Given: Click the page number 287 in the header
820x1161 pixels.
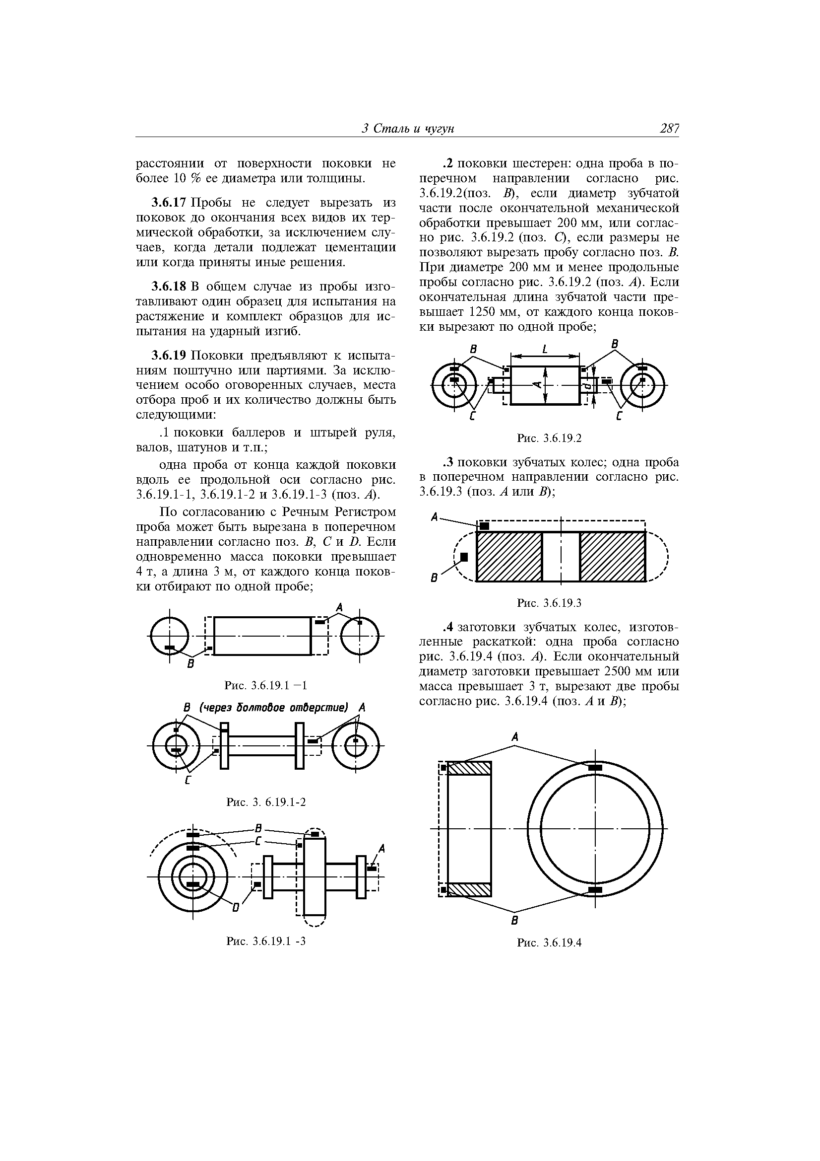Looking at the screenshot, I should (669, 129).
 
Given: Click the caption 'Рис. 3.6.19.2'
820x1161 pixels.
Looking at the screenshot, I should (549, 438).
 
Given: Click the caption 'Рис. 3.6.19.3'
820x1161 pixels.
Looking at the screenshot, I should (549, 603).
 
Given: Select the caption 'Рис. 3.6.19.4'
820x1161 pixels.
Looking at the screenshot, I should (549, 943).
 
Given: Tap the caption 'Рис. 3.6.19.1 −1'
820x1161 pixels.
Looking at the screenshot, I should (266, 686).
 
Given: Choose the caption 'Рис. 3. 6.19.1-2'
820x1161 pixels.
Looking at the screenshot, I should (266, 802).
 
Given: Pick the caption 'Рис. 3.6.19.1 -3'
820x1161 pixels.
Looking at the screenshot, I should (266, 941).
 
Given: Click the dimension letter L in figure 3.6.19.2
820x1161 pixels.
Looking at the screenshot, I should (545, 350).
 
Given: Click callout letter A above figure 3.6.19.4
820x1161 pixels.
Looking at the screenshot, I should (515, 738).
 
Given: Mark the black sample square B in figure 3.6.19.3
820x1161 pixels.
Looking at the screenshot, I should (464, 557).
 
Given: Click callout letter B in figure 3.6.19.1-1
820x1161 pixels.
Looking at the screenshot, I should (190, 664).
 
